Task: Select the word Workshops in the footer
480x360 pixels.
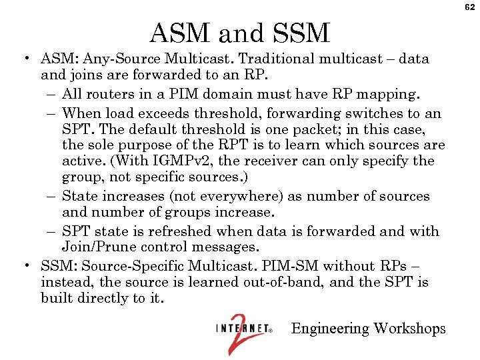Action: [x=409, y=329]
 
